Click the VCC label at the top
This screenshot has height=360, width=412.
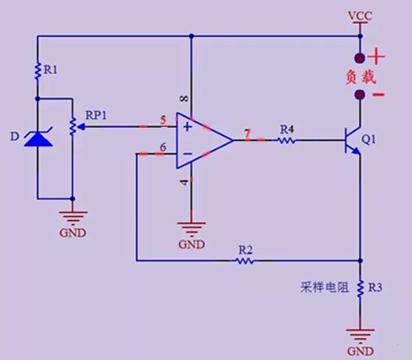pos(360,16)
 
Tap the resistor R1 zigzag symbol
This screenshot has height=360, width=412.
pos(38,71)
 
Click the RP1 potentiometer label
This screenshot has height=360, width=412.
pos(96,115)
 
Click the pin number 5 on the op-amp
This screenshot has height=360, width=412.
pos(163,120)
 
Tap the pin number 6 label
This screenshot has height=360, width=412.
pos(163,147)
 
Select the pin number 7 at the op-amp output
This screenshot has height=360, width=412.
pos(248,133)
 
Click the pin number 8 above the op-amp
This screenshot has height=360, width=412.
pos(185,98)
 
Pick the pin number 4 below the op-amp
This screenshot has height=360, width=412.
pos(185,182)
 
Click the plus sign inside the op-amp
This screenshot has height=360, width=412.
pos(187,127)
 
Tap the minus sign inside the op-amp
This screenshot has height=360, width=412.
pos(188,154)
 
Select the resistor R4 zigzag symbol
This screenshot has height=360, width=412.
pos(287,141)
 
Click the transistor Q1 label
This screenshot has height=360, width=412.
pos(368,139)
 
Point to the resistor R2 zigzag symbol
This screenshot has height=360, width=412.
pos(245,260)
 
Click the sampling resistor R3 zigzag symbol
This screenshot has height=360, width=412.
pos(360,288)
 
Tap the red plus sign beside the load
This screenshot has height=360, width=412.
pos(377,58)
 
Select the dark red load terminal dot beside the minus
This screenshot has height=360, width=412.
pos(360,95)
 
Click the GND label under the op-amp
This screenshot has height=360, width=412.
pos(192,244)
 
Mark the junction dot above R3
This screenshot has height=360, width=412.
pos(361,260)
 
